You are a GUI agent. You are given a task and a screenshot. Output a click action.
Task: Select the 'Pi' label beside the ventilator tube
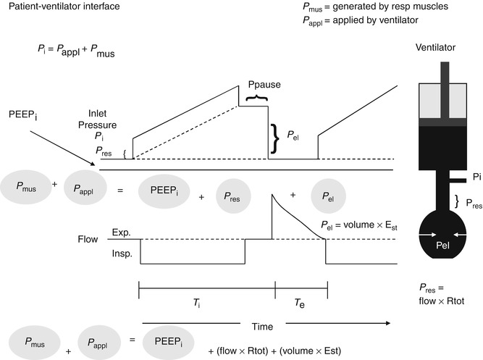(455, 176)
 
